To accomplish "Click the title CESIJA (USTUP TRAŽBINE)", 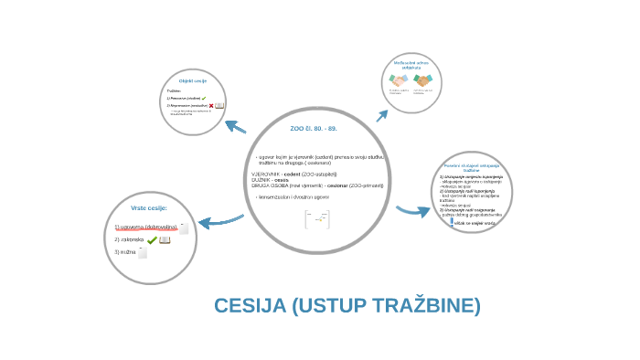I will (x=347, y=305).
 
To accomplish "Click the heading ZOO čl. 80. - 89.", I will (x=313, y=129).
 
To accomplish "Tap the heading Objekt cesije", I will (x=193, y=81).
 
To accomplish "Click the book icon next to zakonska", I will (x=165, y=239).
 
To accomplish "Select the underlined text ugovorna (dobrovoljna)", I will (x=146, y=227).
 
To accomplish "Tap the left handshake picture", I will (x=399, y=80).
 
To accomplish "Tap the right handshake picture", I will (x=422, y=80).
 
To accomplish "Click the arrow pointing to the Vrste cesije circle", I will (x=219, y=220).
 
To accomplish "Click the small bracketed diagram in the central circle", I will (x=317, y=220).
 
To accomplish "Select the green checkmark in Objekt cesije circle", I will (x=204, y=97).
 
